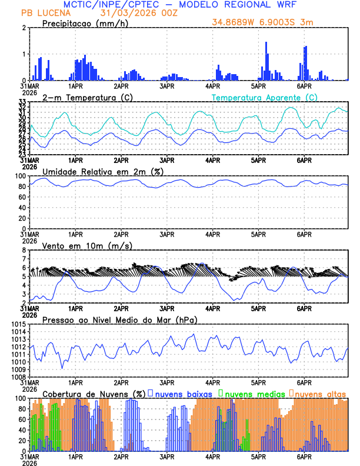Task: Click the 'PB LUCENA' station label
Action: coord(43,12)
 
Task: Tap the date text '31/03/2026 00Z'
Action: coord(130,12)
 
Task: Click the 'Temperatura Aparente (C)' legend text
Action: coord(264,97)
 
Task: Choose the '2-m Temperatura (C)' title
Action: coord(86,97)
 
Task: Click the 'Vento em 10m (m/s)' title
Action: coord(79,245)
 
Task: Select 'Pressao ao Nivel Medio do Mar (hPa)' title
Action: coord(119,319)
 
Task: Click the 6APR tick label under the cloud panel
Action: coord(304,456)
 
